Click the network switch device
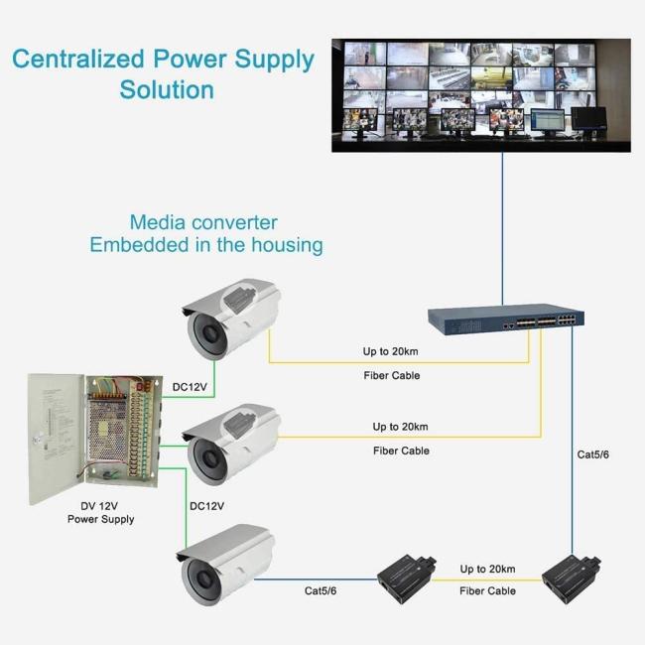506,318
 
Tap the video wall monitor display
481,94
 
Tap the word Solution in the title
167,89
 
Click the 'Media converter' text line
203,222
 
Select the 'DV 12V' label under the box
100,505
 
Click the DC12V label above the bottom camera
206,506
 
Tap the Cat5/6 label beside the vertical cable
593,454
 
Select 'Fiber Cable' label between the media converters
487,590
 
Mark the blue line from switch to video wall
502,228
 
